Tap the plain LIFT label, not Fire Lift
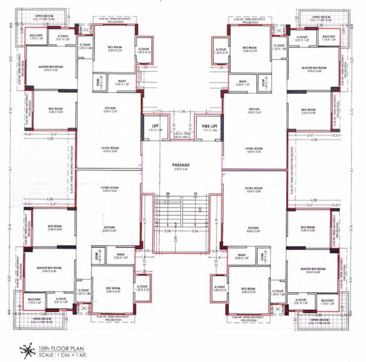point(155,126)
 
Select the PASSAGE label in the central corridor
point(181,165)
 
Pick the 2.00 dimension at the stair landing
point(175,239)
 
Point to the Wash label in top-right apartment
point(243,82)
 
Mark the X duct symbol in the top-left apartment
point(84,31)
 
